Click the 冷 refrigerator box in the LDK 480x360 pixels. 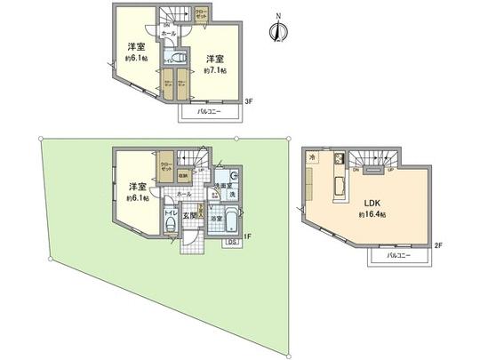tap(312, 157)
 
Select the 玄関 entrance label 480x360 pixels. tap(189, 213)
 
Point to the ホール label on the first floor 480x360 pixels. tap(184, 193)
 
